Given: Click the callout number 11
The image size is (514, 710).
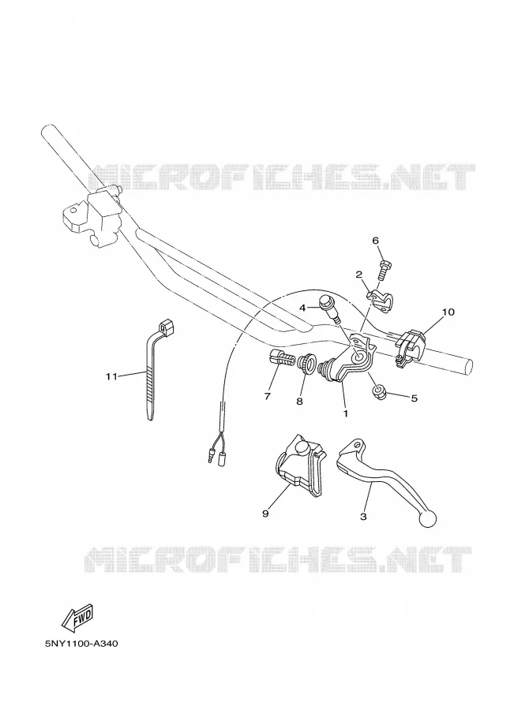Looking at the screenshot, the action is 111,376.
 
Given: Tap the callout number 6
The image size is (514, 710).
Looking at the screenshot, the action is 375,241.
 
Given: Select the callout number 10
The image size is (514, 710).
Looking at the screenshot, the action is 448,312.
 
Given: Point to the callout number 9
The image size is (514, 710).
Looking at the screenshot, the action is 265,513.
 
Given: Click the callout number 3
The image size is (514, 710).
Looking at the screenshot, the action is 363,516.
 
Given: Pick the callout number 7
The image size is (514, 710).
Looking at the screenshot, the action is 268,397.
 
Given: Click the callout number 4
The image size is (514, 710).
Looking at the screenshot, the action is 303,308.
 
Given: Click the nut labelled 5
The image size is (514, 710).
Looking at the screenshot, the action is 378,394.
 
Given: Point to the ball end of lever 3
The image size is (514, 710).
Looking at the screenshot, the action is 428,519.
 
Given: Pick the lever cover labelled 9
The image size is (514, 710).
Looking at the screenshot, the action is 300,466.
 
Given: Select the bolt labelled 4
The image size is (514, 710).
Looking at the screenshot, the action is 329,308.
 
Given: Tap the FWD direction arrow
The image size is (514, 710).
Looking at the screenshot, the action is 77,618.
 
